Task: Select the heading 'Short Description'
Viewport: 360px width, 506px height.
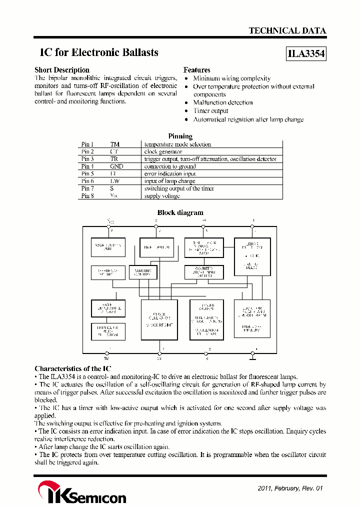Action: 62,70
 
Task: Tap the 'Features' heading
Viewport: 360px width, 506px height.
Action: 196,70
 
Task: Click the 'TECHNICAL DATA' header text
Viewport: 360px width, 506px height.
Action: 287,30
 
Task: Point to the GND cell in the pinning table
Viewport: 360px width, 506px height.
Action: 116,166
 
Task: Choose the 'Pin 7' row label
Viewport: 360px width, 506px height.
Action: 87,188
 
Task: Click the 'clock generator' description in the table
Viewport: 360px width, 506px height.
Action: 163,151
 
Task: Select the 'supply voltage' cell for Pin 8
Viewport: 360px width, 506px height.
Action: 161,196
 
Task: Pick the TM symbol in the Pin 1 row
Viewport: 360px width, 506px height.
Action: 114,144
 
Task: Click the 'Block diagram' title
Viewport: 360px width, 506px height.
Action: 180,212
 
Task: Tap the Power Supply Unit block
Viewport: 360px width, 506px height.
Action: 108,247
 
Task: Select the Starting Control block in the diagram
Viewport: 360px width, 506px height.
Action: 142,272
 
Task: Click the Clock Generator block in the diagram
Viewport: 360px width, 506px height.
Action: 159,320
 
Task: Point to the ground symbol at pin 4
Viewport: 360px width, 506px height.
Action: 252,356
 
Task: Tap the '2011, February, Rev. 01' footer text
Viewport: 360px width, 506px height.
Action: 291,488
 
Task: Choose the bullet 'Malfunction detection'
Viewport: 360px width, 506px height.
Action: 222,102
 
